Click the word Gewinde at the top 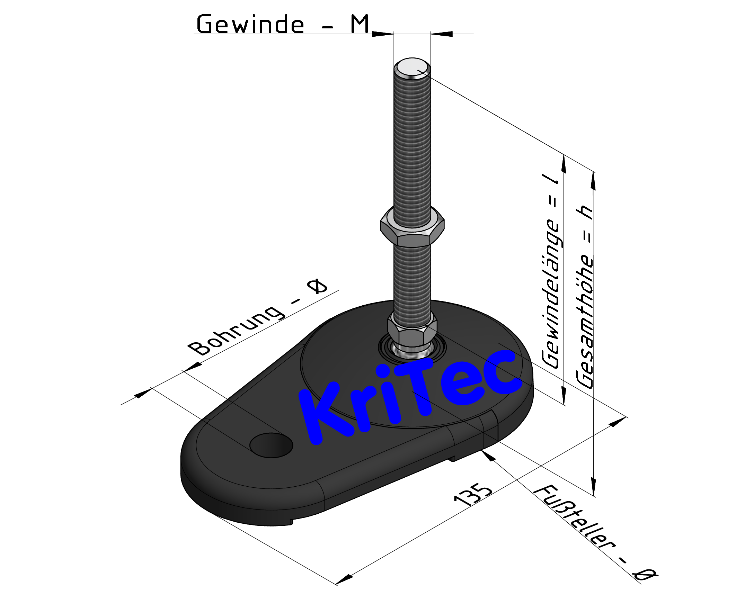[250, 25]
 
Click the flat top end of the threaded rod [412, 67]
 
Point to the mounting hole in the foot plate [271, 445]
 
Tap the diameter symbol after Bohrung [317, 287]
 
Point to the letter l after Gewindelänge [552, 179]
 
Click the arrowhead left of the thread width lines [382, 34]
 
